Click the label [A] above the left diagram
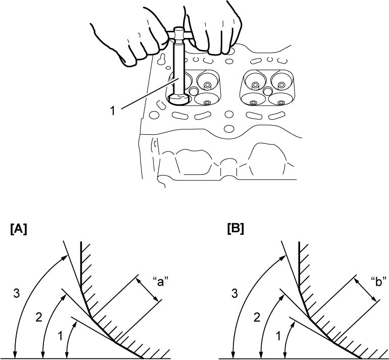pos(19,229)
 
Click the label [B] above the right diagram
pos(235,229)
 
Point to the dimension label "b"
pos(378,282)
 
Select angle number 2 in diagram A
pos(39,318)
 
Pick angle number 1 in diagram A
pos(60,336)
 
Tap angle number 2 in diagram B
pos(257,318)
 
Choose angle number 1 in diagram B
pos(278,336)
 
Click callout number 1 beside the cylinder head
pos(113,111)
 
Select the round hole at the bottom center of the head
pos(229,128)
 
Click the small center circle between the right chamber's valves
pos(267,90)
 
